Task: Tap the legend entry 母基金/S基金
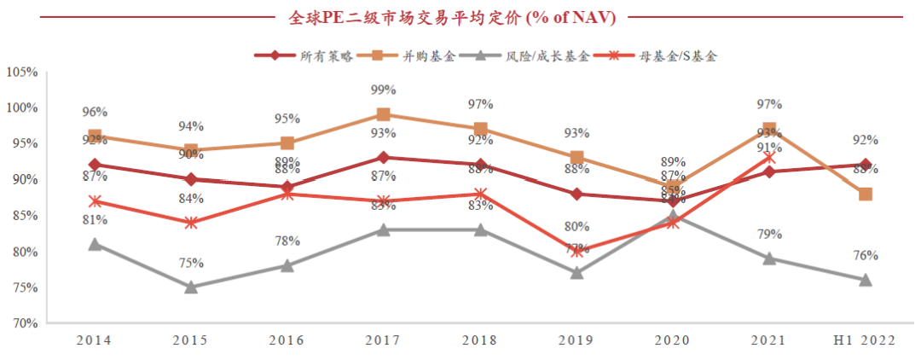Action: click(679, 56)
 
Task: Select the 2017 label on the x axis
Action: click(384, 340)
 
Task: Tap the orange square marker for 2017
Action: click(384, 114)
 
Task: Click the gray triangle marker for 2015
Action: click(191, 287)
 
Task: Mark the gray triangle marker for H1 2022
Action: click(865, 280)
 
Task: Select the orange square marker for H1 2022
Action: click(865, 194)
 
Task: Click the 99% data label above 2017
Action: click(384, 90)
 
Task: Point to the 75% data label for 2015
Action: click(191, 263)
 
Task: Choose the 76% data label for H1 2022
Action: click(865, 255)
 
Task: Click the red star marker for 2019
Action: click(576, 252)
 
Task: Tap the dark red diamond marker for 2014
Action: click(95, 165)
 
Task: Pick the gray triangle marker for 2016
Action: click(287, 265)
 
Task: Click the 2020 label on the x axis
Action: click(673, 340)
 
